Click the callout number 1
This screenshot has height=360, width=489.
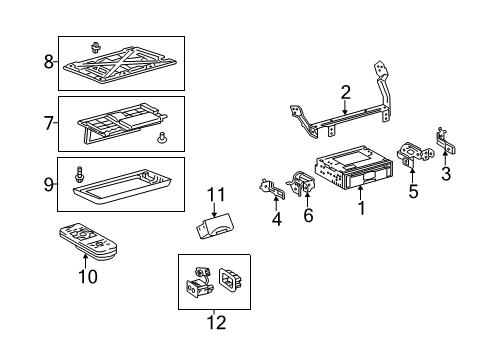pyautogui.click(x=362, y=208)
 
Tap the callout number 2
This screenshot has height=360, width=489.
pyautogui.click(x=346, y=93)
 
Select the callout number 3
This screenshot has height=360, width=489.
pyautogui.click(x=446, y=174)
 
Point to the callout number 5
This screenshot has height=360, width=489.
pyautogui.click(x=413, y=192)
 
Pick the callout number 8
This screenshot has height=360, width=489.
pyautogui.click(x=49, y=62)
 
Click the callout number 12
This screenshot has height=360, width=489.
pyautogui.click(x=217, y=323)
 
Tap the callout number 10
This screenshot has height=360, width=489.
pyautogui.click(x=88, y=277)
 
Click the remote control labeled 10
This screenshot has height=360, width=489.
pyautogui.click(x=89, y=241)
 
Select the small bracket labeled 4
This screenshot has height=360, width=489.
pyautogui.click(x=272, y=189)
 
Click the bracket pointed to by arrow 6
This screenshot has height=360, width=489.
pyautogui.click(x=302, y=183)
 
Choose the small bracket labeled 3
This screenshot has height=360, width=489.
pyautogui.click(x=445, y=141)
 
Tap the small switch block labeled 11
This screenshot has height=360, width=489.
pyautogui.click(x=215, y=226)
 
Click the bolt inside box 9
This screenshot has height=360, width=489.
pyautogui.click(x=79, y=174)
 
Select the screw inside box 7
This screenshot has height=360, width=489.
pyautogui.click(x=161, y=138)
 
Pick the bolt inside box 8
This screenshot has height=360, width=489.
pyautogui.click(x=96, y=48)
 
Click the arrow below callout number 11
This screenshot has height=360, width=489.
pyautogui.click(x=214, y=210)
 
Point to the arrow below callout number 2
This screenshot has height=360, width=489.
pyautogui.click(x=345, y=108)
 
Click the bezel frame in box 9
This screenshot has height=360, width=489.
pyautogui.click(x=122, y=186)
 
